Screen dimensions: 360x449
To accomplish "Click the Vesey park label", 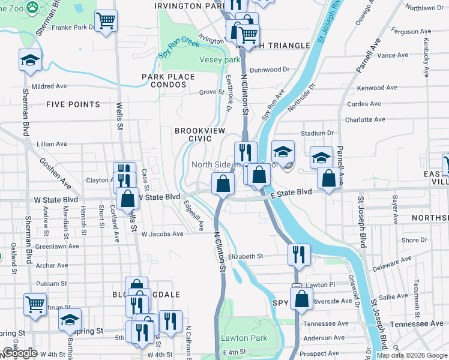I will click(x=220, y=60).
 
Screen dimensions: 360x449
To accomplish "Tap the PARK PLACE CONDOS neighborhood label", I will click(x=168, y=80).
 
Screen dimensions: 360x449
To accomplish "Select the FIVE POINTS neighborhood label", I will click(x=73, y=104).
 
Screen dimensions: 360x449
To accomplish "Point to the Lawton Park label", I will click(x=244, y=338).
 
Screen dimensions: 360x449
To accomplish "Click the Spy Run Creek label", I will click(x=178, y=48).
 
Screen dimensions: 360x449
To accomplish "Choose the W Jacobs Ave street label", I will click(x=162, y=234).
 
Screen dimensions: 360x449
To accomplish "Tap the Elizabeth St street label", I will click(x=246, y=256).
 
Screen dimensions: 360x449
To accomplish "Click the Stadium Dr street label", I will click(x=318, y=133).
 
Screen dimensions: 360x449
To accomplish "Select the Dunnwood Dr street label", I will click(x=270, y=70).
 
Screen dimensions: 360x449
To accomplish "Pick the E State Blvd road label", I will click(x=291, y=193).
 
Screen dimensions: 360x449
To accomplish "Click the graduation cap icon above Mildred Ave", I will click(x=29, y=60).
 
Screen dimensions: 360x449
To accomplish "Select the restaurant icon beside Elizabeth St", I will click(x=298, y=254).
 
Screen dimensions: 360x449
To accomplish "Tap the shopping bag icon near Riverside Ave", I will click(x=302, y=298).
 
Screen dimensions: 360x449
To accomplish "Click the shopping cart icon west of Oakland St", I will click(x=35, y=304).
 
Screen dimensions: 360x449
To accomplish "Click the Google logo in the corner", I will click(x=20, y=353).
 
